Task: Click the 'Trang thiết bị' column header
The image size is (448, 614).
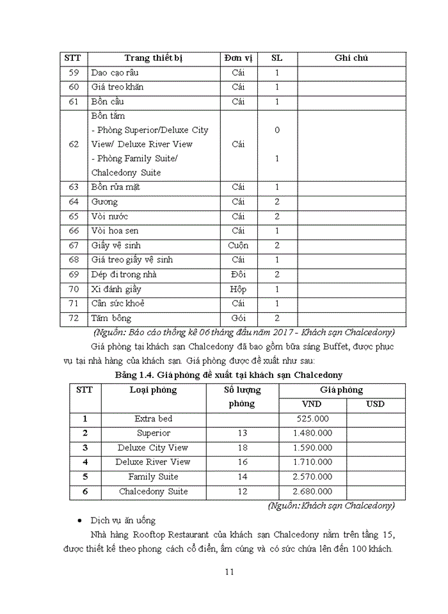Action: pos(154,58)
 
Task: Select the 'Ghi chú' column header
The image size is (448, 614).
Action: pos(351,58)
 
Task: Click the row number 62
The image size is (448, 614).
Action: pos(74,144)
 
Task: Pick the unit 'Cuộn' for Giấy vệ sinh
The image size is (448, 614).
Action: pos(238,246)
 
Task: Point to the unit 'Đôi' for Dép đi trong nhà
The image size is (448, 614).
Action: pos(238,274)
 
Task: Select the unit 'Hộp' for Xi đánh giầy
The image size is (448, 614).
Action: pos(238,289)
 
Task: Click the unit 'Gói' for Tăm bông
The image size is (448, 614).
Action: pos(238,318)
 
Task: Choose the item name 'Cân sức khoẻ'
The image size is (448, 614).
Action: pos(118,303)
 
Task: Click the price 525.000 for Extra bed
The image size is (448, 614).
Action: pos(313,419)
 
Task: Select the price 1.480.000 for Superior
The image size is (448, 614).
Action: pos(313,433)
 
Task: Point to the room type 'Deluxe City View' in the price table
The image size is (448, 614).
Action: pos(153,448)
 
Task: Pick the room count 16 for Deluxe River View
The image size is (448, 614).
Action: pos(242,462)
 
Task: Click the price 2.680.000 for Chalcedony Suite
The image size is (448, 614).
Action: pos(313,491)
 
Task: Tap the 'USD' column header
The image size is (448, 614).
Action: pos(376,404)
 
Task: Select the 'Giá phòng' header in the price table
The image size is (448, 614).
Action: pos(342,390)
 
